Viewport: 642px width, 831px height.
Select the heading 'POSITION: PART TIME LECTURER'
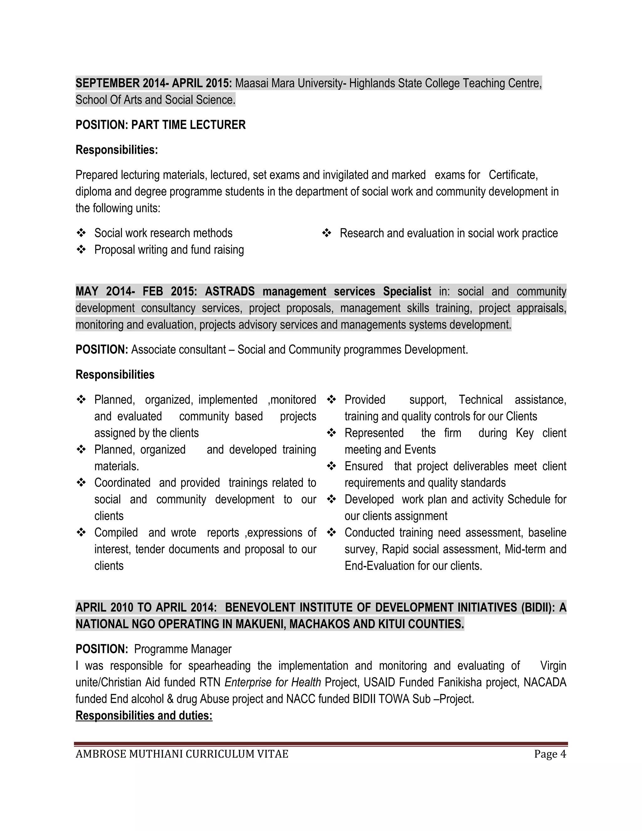tap(160, 125)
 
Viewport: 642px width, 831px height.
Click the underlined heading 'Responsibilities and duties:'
tap(144, 715)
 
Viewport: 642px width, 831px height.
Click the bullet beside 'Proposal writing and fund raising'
tap(81, 250)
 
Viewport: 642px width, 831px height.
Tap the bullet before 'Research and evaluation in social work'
tap(326, 233)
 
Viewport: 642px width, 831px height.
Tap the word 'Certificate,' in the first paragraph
tap(513, 175)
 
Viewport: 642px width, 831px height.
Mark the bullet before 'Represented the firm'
tap(331, 433)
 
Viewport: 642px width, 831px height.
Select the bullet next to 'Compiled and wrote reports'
tap(81, 532)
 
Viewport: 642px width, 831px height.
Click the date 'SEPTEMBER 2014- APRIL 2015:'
tap(154, 83)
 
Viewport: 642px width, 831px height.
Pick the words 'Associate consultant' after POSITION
tap(178, 349)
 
